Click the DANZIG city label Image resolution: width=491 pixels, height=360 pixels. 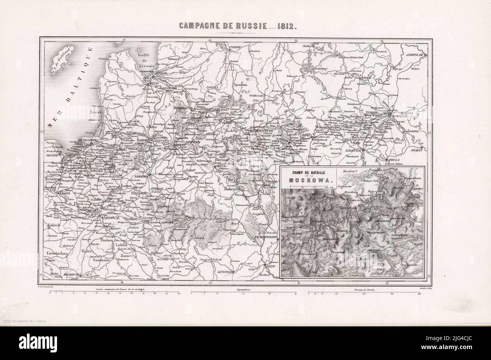click(x=53, y=155)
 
